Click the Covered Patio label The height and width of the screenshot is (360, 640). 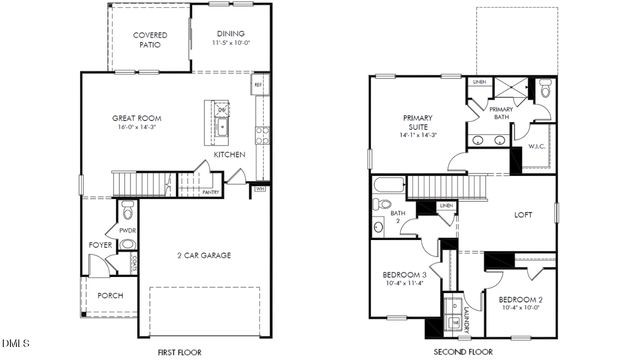tap(149, 39)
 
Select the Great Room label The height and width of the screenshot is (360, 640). tap(136, 118)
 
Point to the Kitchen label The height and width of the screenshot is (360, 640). tap(229, 155)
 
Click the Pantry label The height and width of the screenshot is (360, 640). tap(210, 191)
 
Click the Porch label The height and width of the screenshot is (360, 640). tap(110, 296)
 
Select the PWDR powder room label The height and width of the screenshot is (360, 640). tap(127, 231)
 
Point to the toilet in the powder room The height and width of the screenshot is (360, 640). tap(127, 211)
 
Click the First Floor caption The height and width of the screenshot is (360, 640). tap(181, 353)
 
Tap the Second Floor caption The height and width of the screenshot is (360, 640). tap(462, 353)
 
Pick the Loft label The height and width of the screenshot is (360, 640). tap(523, 215)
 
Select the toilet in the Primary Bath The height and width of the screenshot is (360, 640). tap(544, 90)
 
